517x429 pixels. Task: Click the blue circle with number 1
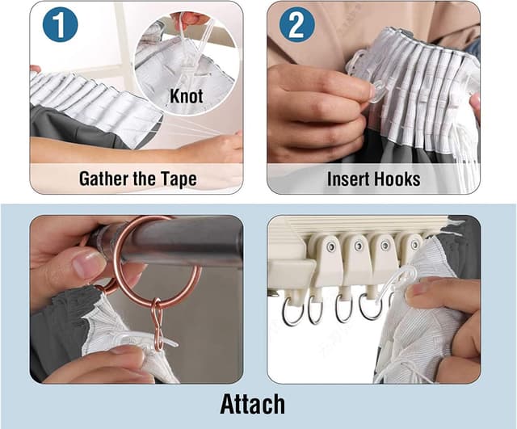coord(61,25)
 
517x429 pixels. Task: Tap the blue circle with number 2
coord(296,25)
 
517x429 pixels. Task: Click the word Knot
coord(187,96)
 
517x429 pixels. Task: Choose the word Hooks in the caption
coord(397,179)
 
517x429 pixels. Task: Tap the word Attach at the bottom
coord(253,404)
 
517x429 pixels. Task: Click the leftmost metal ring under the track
coord(292,311)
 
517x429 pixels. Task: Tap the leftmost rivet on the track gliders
coord(331,246)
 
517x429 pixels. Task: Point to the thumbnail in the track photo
coord(417,289)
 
